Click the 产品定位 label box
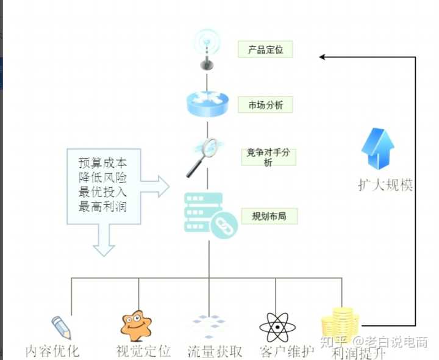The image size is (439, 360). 265,49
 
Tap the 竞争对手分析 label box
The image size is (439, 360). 268,157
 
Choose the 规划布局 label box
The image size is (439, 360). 265,216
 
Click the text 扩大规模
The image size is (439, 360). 385,185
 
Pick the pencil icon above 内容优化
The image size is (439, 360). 61,326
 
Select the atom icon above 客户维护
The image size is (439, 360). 277,327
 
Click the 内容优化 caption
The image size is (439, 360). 52,351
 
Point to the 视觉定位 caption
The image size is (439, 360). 143,351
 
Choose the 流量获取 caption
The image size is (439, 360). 215,351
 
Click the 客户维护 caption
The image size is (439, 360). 287,351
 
